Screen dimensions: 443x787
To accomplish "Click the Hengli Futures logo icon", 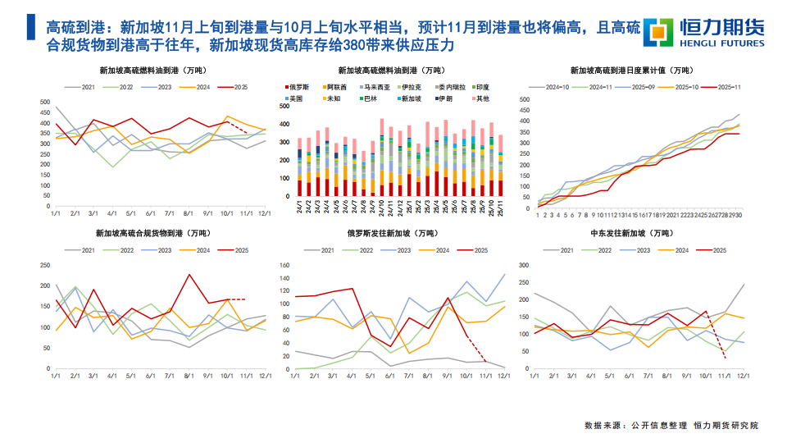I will pos(657,31).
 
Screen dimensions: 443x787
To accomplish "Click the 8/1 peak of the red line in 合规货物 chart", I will pos(189,275).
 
